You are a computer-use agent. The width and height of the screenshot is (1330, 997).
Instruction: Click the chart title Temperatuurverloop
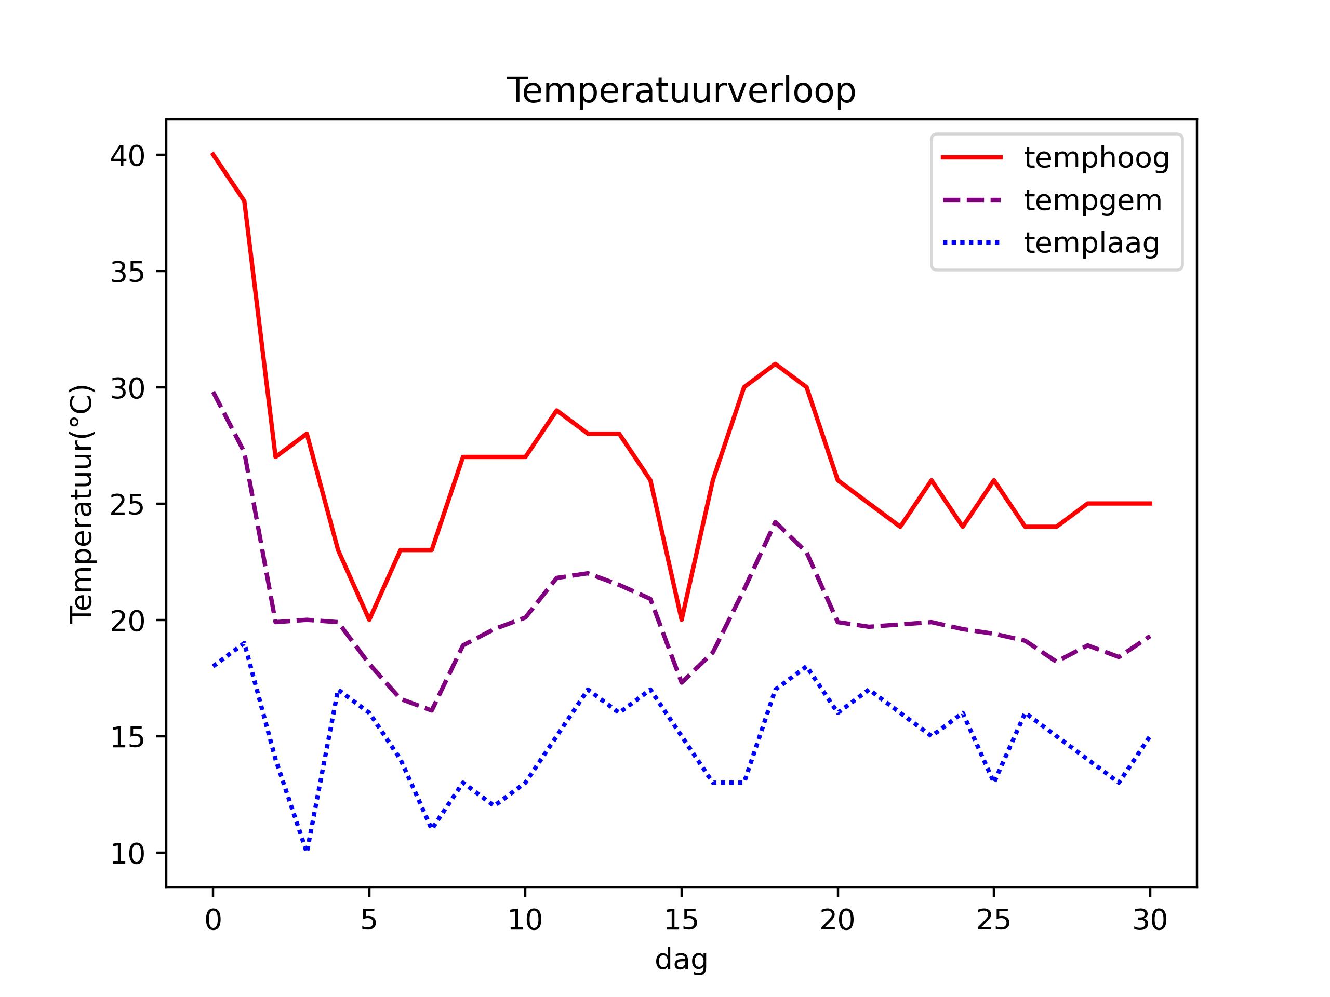coord(681,91)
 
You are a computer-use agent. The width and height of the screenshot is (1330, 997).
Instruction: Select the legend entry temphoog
coord(1096,158)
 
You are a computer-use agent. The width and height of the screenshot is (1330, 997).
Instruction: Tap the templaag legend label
coord(1092,243)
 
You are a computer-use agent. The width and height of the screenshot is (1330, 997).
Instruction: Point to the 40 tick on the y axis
coord(127,156)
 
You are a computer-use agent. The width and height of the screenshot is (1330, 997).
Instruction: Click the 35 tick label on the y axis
coord(127,272)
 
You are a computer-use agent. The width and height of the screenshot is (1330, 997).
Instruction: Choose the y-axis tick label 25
coord(127,505)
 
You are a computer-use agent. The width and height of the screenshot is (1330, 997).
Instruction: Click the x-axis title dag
coord(681,960)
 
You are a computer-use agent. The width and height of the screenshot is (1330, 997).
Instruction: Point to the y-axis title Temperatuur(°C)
coord(82,504)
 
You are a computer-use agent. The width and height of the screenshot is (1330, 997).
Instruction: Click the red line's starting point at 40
coord(213,154)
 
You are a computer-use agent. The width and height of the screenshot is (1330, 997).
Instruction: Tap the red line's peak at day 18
coord(775,363)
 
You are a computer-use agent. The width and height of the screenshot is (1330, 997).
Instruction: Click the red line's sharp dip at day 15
coord(681,619)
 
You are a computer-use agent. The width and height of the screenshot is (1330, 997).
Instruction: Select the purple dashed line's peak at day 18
coord(775,522)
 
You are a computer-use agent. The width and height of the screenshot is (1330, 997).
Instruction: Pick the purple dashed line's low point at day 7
coord(432,710)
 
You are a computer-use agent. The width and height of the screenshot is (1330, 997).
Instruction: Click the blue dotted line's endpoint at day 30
coord(1150,736)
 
